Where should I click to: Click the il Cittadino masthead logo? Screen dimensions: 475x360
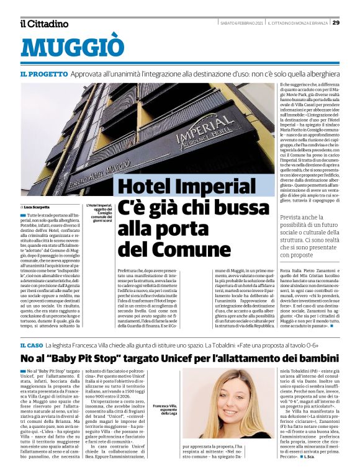44,24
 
